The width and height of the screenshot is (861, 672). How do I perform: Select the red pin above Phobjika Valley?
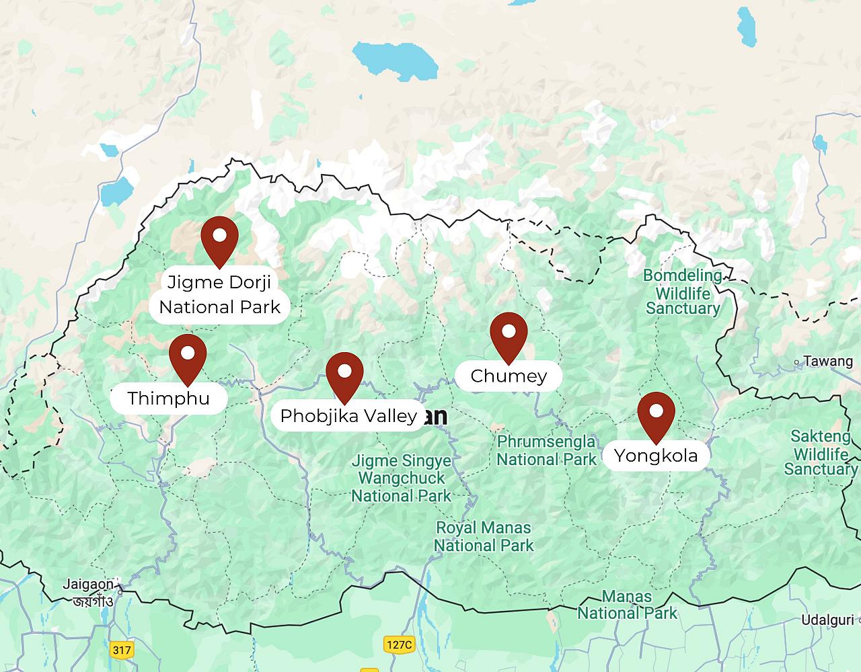344,374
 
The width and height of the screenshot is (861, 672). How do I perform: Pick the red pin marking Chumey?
509,334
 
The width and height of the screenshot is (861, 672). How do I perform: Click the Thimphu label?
169,398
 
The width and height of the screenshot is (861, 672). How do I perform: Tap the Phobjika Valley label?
348,416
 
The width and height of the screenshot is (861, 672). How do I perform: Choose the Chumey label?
509,376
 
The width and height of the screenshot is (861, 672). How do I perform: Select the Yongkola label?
656,456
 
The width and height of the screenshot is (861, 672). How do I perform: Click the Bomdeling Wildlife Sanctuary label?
683,292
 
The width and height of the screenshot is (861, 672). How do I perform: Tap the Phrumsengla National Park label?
546,451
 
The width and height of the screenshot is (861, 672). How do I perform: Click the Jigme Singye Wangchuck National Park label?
401,479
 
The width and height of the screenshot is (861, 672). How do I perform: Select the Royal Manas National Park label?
484,536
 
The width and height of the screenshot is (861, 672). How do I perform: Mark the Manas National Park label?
627,605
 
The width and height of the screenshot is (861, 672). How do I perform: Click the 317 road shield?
122,650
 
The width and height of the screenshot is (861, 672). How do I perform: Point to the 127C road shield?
399,644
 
